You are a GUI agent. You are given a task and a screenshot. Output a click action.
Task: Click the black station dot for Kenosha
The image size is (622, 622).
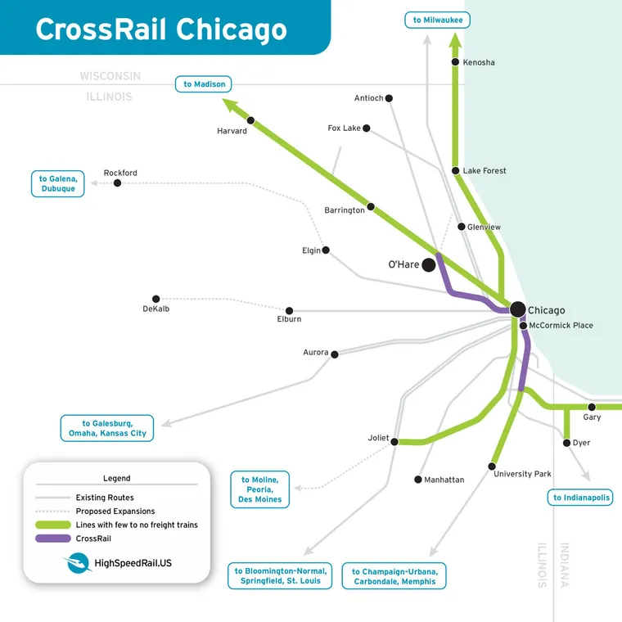(x=456, y=62)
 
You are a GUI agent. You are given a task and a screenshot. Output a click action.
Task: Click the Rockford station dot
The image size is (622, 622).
(x=117, y=183)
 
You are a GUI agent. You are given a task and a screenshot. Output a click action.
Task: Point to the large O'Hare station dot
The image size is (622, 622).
(x=429, y=264)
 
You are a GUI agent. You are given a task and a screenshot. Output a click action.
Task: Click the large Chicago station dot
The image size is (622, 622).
(x=517, y=309)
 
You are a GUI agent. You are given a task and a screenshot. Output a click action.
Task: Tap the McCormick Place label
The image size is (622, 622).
(x=561, y=326)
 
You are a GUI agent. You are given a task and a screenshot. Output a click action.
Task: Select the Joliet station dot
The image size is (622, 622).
(x=394, y=442)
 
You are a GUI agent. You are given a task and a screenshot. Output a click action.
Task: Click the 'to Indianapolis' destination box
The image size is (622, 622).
(x=580, y=497)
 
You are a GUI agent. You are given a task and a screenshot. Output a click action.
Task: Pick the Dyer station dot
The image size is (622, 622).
(x=566, y=443)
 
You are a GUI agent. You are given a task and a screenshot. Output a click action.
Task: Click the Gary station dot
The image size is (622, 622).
(x=592, y=407)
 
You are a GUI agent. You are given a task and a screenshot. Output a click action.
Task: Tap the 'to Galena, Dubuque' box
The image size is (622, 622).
(x=58, y=183)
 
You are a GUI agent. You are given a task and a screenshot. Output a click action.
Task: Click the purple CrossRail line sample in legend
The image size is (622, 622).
(x=52, y=539)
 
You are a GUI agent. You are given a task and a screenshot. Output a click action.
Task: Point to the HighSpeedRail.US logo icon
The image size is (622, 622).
(x=77, y=564)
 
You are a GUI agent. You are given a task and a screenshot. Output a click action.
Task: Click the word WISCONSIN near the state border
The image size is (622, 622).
(x=110, y=76)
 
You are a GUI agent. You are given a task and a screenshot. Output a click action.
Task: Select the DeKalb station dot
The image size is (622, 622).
(x=155, y=299)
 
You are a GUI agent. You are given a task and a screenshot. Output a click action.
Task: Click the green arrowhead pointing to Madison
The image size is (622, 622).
(x=230, y=105)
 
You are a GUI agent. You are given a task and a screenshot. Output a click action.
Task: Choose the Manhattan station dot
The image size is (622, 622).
(x=417, y=480)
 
